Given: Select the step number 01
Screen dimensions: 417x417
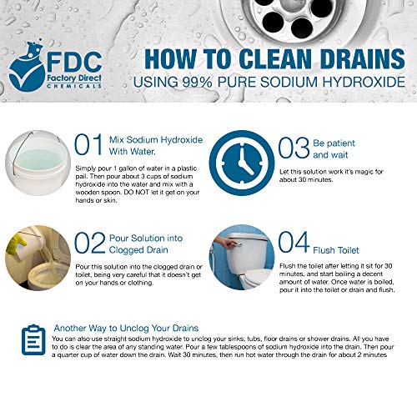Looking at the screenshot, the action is point(88,144).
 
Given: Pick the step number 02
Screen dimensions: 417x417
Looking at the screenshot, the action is point(90,243).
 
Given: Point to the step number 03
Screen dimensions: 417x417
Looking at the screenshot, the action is point(294,148).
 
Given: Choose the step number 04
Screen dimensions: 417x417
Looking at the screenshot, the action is point(294,242).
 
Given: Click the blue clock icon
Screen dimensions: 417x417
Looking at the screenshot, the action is point(242,163).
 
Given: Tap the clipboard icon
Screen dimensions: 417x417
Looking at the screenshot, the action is point(33,339).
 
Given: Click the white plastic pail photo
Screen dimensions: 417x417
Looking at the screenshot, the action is point(38,163).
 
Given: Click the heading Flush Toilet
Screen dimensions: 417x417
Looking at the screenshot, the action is point(336,250).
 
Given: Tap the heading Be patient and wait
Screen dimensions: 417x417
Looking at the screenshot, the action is point(334,148).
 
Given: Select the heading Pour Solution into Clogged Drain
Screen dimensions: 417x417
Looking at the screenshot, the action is point(146,244).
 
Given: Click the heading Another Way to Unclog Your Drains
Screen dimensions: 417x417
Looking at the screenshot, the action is point(126,328).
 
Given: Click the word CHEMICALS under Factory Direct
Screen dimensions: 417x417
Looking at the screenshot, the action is point(74,86).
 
